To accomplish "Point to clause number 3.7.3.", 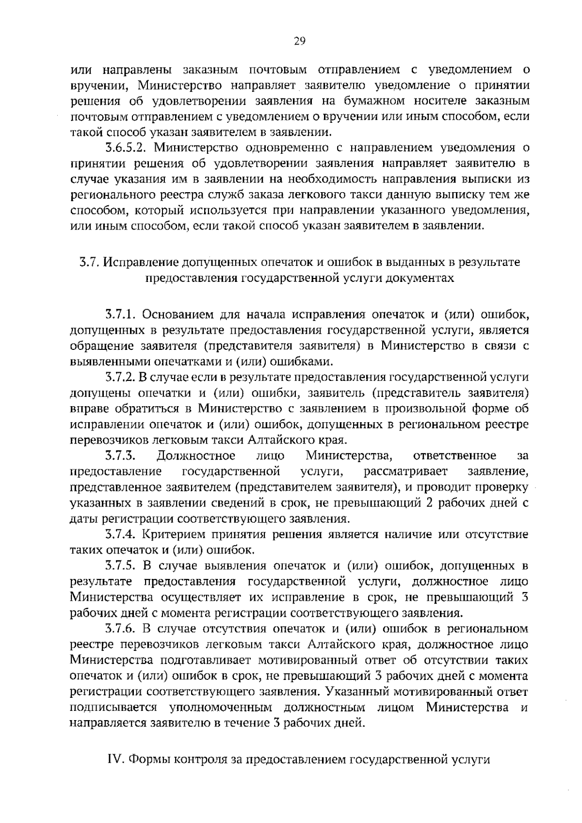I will tap(120, 456).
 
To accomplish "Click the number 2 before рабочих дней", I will tap(429, 503).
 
